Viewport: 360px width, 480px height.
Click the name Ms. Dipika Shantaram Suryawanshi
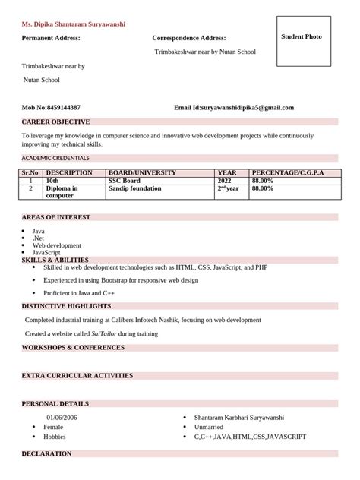tap(74, 24)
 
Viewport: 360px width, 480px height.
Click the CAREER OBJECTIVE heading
tap(55, 122)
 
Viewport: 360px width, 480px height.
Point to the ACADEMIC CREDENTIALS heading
tap(55, 158)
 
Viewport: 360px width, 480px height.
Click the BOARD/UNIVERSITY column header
tap(143, 173)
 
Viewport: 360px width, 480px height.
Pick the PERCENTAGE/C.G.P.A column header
tap(288, 173)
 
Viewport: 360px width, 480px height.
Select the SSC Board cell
tap(125, 181)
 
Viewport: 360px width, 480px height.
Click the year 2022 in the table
tap(224, 181)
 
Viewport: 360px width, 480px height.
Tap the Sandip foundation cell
tap(135, 188)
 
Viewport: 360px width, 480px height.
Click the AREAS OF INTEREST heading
tap(56, 217)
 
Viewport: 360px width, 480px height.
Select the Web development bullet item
tap(57, 245)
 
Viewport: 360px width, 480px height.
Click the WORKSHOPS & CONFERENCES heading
tap(73, 347)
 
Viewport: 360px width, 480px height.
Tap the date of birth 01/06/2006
tap(62, 418)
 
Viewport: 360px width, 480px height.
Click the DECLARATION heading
tap(47, 453)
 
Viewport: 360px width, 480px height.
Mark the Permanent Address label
tap(51, 38)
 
